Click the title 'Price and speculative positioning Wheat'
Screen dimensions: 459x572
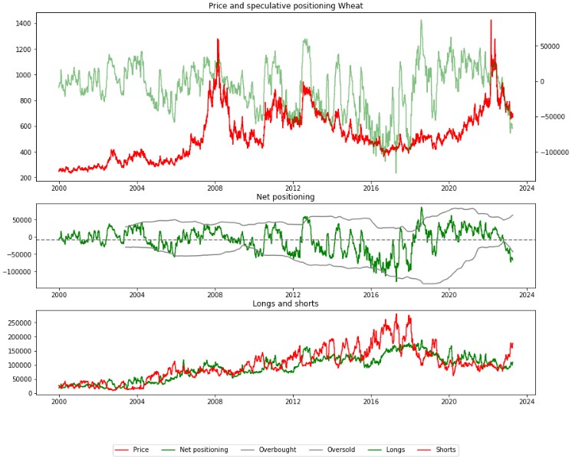coord(286,6)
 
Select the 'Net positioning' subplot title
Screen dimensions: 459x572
coord(286,197)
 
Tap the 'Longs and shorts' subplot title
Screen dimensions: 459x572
coord(286,303)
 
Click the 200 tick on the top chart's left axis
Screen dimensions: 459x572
coord(25,178)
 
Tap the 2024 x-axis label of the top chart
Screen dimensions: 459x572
coord(528,188)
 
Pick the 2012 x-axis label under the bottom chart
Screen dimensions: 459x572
coord(293,401)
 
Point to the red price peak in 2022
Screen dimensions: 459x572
coord(491,21)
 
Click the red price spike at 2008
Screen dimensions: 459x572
coord(218,39)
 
